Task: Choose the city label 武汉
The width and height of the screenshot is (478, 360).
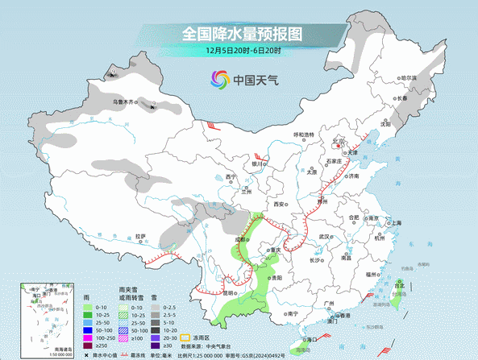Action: coord(325,236)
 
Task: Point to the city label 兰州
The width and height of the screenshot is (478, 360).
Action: coord(247,192)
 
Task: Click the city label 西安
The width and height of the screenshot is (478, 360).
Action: coord(278,205)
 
